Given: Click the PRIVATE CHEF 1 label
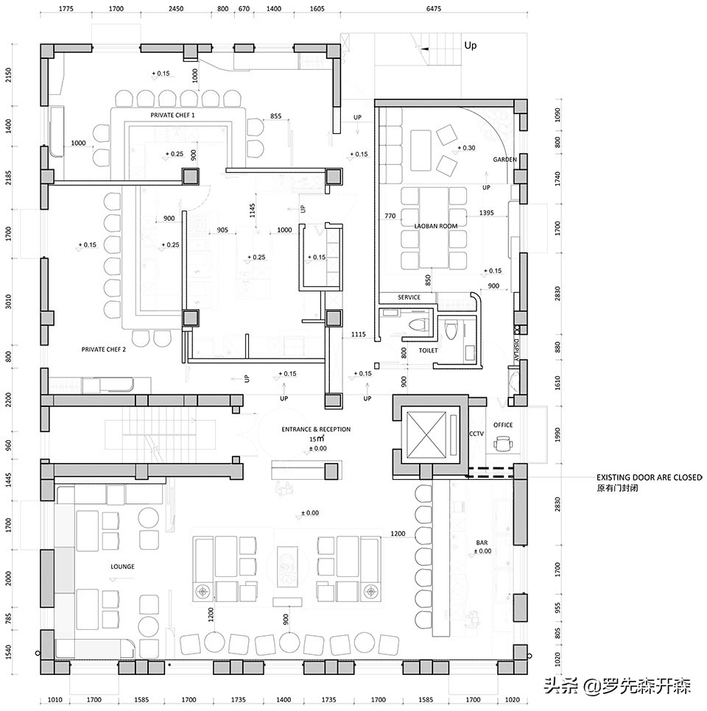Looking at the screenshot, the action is pos(172,115).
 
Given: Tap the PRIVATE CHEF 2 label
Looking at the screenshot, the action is pos(103,350).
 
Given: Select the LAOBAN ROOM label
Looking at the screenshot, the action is pos(436,226).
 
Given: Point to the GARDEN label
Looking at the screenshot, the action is pos(504,160).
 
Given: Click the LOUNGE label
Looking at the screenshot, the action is pos(122,566).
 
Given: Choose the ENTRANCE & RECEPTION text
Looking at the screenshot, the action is pos(316,429).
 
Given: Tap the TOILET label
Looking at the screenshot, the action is pos(429,350).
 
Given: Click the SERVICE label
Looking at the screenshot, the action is pos(409,297).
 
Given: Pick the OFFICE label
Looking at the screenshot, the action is pos(503,425).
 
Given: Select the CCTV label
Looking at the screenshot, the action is pos(476,434).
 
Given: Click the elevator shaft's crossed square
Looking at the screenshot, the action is pos(426,435).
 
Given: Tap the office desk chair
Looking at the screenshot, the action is pos(502,444).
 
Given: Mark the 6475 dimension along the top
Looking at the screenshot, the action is pos(433,8).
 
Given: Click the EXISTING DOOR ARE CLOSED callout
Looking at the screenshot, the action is pos(649,478).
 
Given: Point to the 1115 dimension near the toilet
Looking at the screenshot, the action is pos(358,334).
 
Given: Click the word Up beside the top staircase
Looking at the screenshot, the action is pos(471,46).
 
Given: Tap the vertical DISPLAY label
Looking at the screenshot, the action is pos(516,350).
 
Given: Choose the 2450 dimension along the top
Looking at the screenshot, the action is pos(176,8).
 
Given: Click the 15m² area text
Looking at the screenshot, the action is pos(317,439).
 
